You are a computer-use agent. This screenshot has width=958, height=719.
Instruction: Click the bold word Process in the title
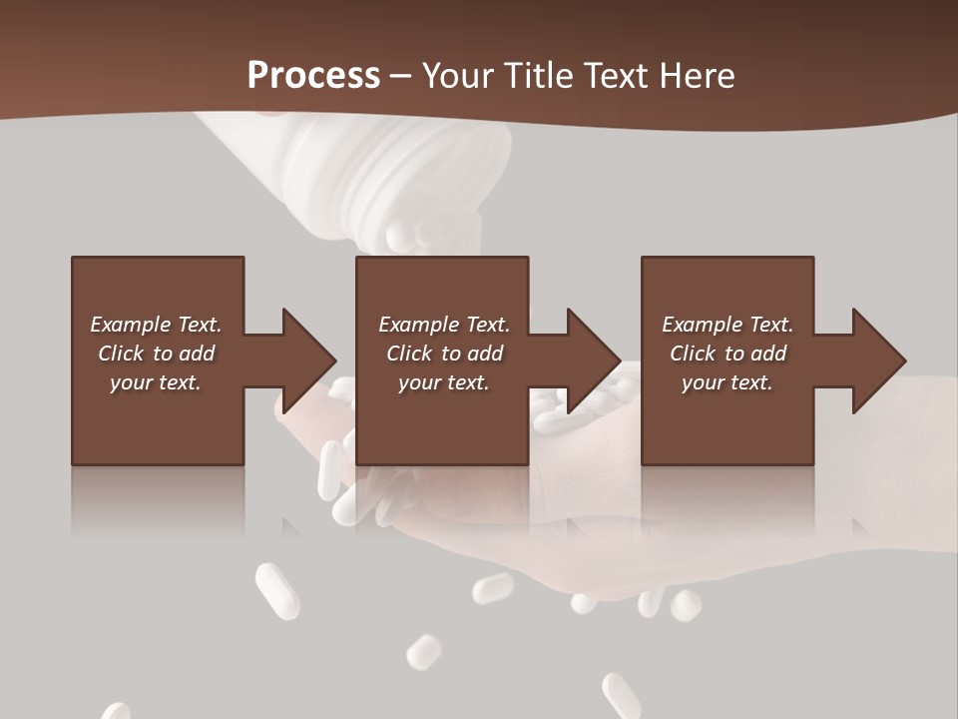[x=313, y=75]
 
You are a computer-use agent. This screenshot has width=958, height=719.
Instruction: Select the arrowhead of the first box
[x=307, y=360]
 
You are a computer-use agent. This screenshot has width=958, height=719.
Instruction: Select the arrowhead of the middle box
[x=593, y=360]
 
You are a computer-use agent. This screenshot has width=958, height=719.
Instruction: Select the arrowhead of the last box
[x=878, y=360]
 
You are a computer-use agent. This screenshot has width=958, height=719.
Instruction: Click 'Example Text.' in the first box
[x=156, y=325]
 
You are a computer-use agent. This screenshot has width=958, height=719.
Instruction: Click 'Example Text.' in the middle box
[x=444, y=325]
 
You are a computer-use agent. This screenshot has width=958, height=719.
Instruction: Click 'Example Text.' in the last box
[x=727, y=325]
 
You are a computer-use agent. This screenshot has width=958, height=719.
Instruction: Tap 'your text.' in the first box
[x=156, y=382]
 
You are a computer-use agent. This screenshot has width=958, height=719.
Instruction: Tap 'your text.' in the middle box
[x=444, y=382]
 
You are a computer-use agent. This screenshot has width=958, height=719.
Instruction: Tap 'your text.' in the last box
[x=727, y=382]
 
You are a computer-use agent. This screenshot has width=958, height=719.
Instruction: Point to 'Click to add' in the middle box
[x=444, y=354]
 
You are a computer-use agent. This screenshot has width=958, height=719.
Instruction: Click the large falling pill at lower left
[x=276, y=590]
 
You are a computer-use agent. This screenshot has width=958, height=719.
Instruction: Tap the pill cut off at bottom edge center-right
[x=621, y=696]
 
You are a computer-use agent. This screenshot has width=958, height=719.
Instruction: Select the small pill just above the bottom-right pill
[x=424, y=651]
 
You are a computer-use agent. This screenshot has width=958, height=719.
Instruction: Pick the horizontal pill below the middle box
[x=493, y=588]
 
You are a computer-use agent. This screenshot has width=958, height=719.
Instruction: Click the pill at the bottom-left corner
[x=116, y=711]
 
